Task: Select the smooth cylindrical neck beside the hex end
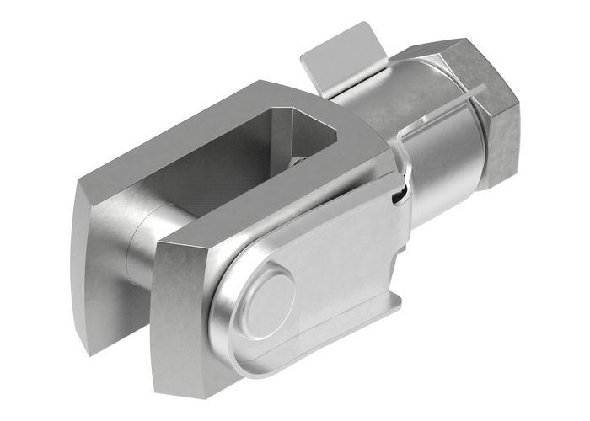[x=447, y=168]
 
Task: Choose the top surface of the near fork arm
[x=287, y=202]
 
